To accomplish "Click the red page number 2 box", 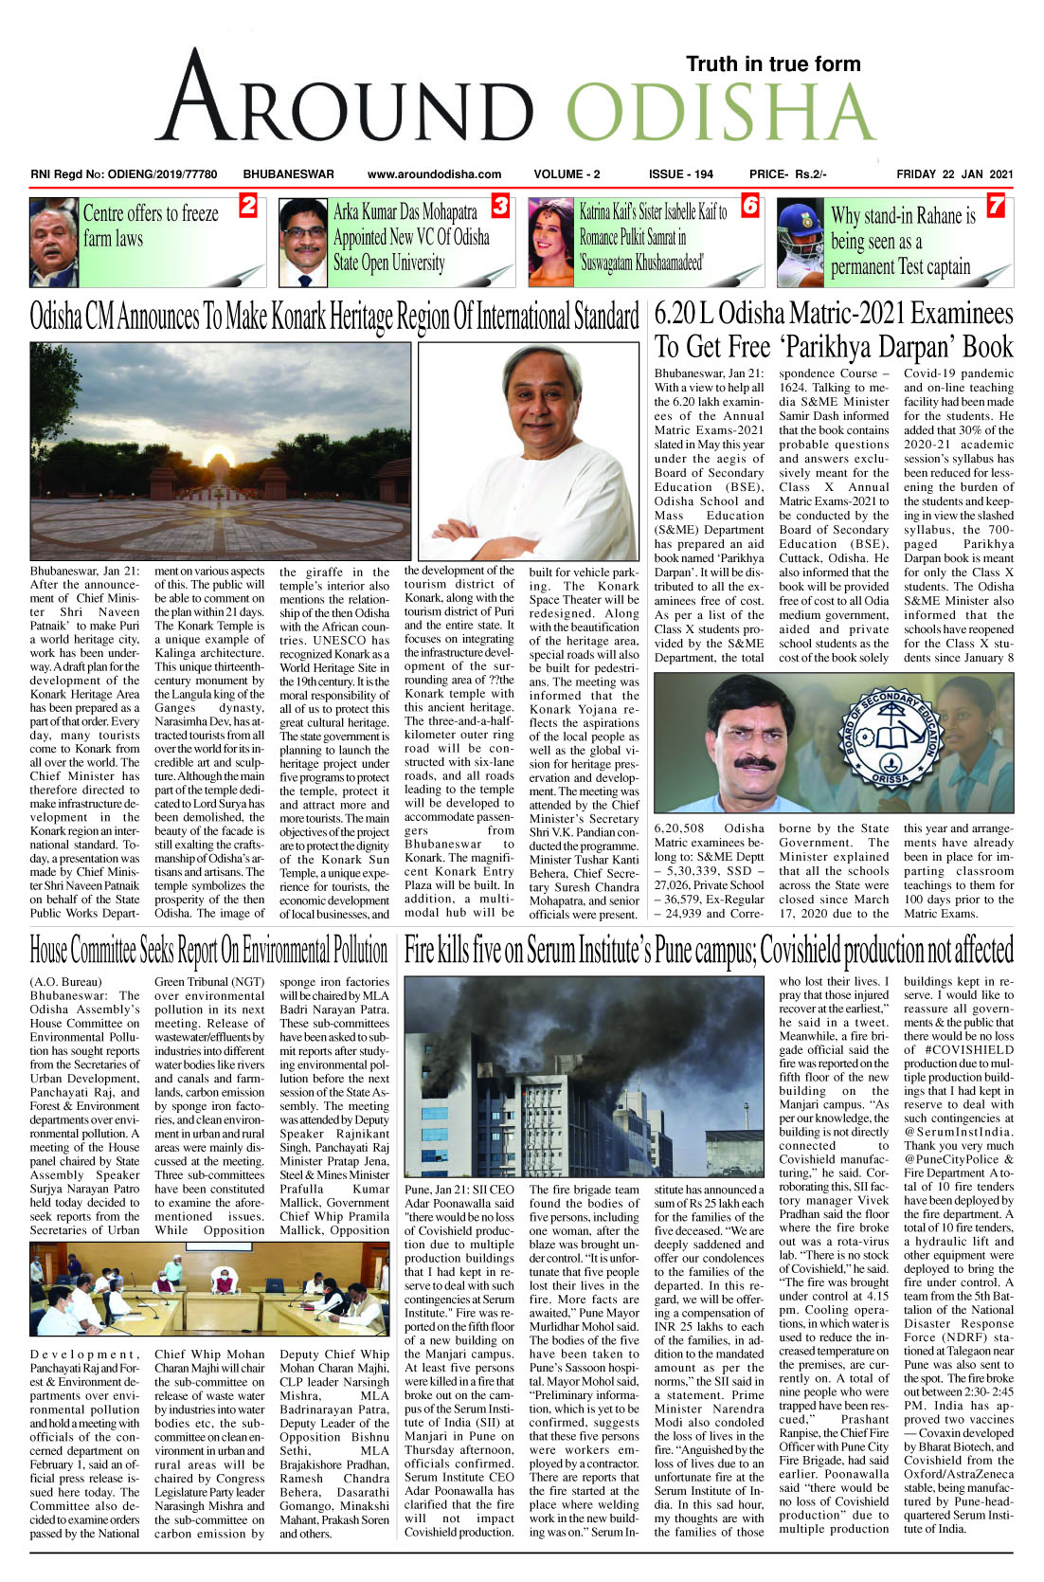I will click(247, 206).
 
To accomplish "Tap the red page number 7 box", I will click(996, 206).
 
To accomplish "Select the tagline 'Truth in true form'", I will click(773, 64).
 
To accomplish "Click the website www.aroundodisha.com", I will click(434, 174).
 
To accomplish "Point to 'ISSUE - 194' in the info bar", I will click(680, 174).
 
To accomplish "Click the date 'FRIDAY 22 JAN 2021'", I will click(954, 174).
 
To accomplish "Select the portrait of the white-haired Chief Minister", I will click(529, 450).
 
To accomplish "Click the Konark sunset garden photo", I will click(219, 450).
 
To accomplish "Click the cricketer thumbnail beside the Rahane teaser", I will click(801, 243).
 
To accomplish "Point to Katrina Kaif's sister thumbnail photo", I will click(551, 243).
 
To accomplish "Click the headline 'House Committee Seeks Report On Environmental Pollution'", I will click(208, 951).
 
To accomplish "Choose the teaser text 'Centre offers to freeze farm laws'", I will click(151, 226).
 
